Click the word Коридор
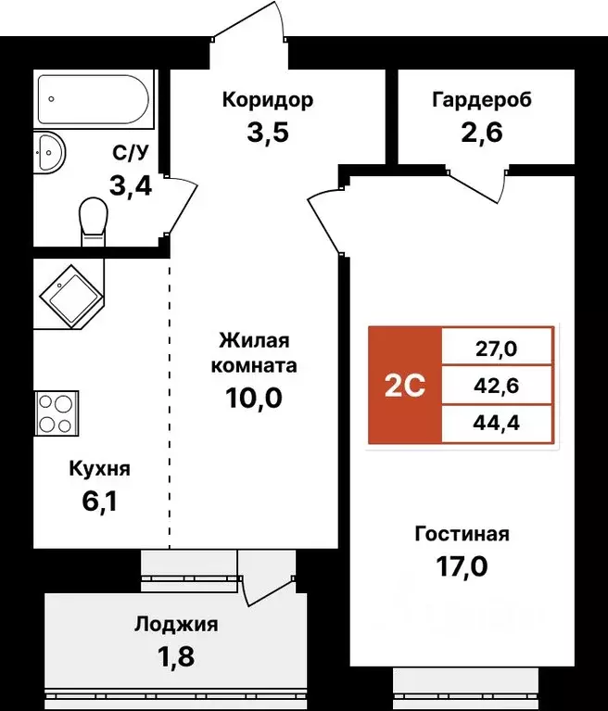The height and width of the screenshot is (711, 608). coord(268,99)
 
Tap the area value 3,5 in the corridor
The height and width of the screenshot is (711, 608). coord(269,132)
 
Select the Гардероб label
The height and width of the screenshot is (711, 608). coord(481,99)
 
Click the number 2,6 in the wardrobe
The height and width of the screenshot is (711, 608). coord(481,132)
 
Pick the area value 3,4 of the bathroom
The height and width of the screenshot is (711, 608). coord(131,185)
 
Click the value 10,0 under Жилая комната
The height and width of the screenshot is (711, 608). coord(252,398)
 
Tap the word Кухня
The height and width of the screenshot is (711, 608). coord(99,468)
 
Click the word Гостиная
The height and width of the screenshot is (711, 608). coord(462,534)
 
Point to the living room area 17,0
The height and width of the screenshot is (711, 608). coord(462,566)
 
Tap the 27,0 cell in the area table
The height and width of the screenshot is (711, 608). coord(498,349)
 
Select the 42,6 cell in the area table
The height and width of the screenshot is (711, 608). coord(498,387)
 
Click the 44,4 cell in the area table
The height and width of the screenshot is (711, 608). coord(498,425)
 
